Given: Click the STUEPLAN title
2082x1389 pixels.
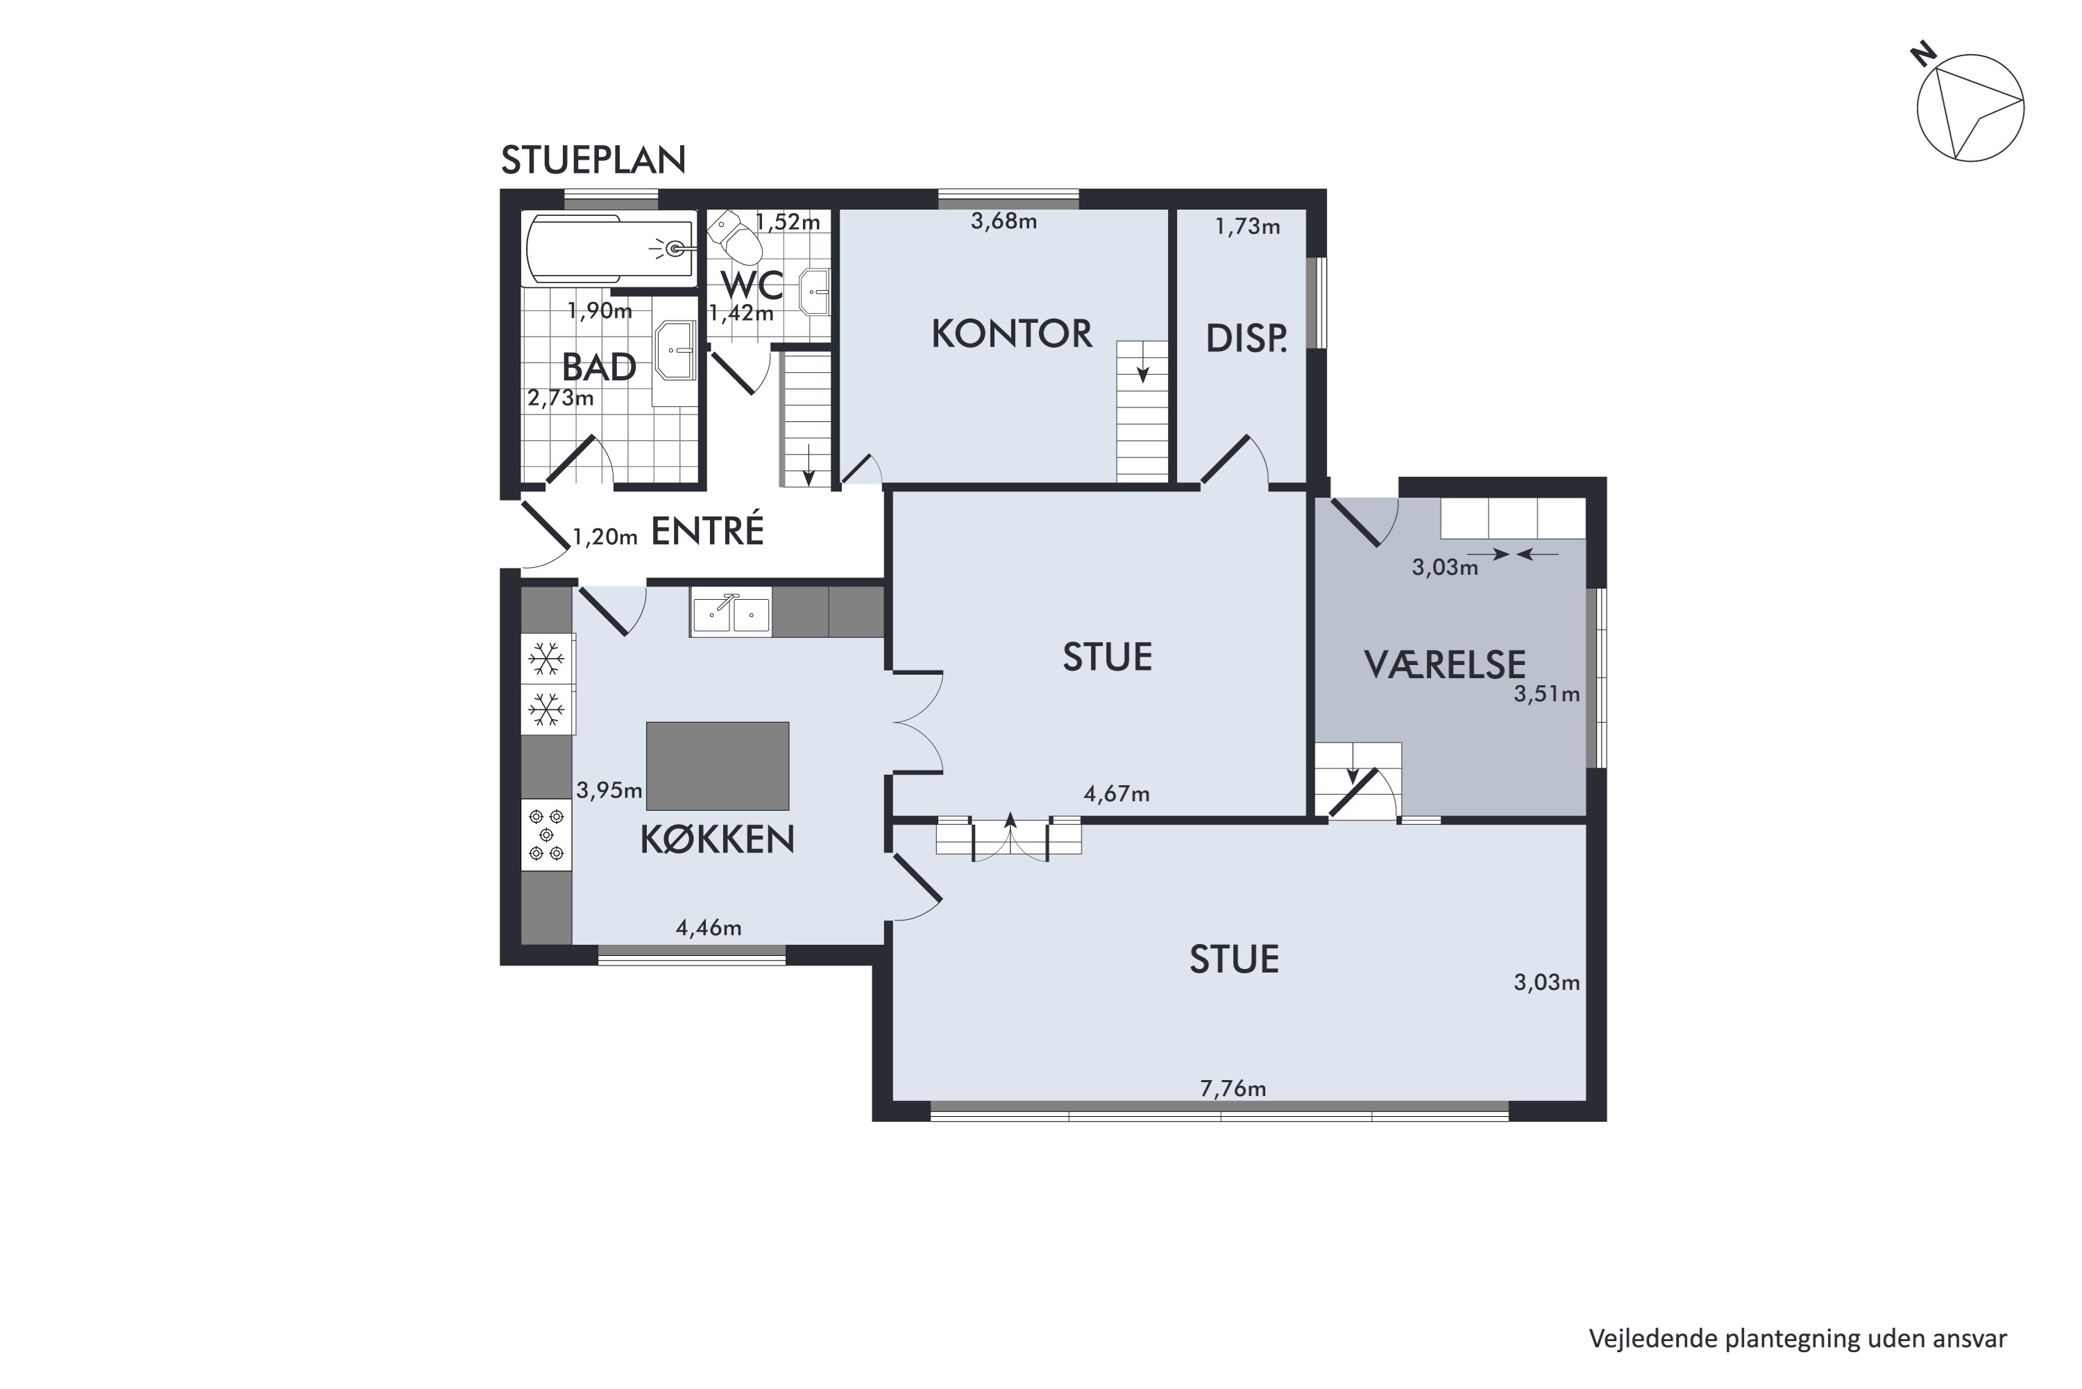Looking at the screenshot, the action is click(593, 160).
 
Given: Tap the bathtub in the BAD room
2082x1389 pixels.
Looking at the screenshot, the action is click(610, 249).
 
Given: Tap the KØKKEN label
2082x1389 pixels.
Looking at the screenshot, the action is click(718, 840).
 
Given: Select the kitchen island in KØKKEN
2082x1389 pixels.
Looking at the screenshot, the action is click(718, 766).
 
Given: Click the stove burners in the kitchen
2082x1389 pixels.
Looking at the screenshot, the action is click(546, 835).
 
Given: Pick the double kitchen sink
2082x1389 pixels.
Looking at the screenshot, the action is click(731, 613).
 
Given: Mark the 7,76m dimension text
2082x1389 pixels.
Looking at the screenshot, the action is click(1233, 1088).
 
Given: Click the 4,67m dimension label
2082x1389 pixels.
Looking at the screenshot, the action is click(1117, 793).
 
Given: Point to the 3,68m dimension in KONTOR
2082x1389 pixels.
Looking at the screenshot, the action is click(1004, 221).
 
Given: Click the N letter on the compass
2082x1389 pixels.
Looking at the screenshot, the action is click(1922, 55).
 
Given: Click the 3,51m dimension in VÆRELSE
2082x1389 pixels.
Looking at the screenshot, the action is click(1546, 694).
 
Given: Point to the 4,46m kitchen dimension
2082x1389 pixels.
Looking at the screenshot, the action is click(709, 928).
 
